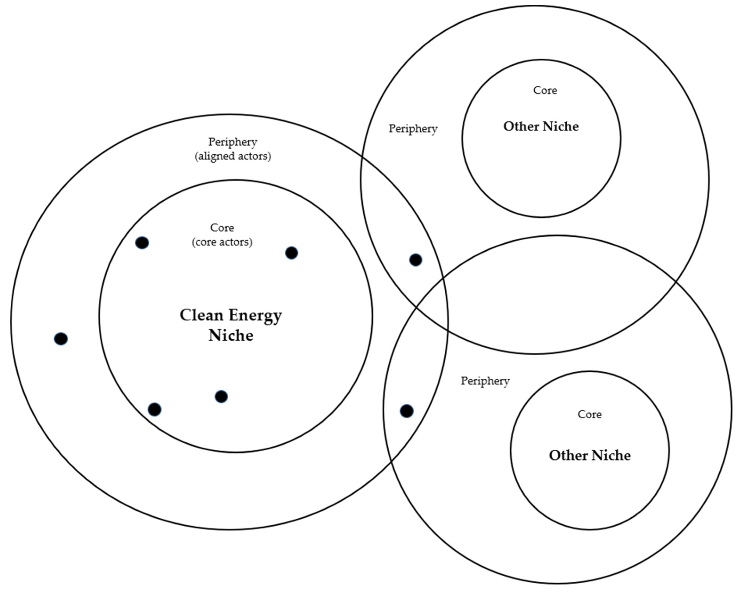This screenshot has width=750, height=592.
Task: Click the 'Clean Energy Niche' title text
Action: (231, 325)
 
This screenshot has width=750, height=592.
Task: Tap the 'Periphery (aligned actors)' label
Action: (232, 149)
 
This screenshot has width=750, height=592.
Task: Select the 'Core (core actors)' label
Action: (222, 235)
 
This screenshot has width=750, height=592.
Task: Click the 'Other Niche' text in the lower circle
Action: (589, 455)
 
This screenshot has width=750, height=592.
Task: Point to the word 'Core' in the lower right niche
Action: (589, 414)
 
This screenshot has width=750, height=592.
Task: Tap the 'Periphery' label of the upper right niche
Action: (413, 129)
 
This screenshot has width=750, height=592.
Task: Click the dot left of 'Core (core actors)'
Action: (142, 243)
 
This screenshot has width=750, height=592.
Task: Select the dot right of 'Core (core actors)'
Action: (291, 253)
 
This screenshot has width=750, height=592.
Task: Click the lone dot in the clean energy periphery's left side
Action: (61, 339)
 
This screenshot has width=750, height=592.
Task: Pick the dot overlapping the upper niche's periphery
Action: (415, 260)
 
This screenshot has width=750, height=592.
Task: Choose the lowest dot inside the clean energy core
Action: (154, 409)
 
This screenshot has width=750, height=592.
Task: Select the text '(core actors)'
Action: (222, 242)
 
